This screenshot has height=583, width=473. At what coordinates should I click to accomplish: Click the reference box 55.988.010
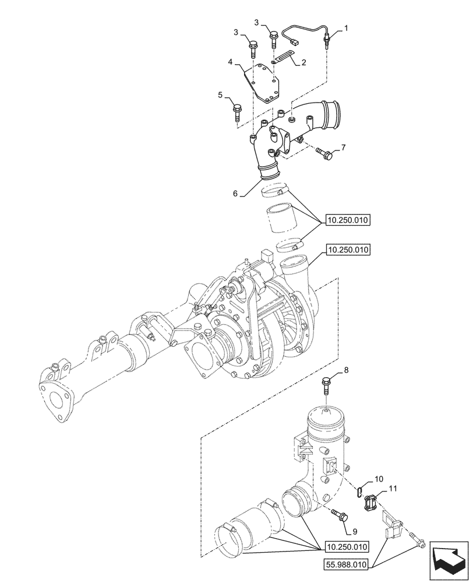tap(348, 564)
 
